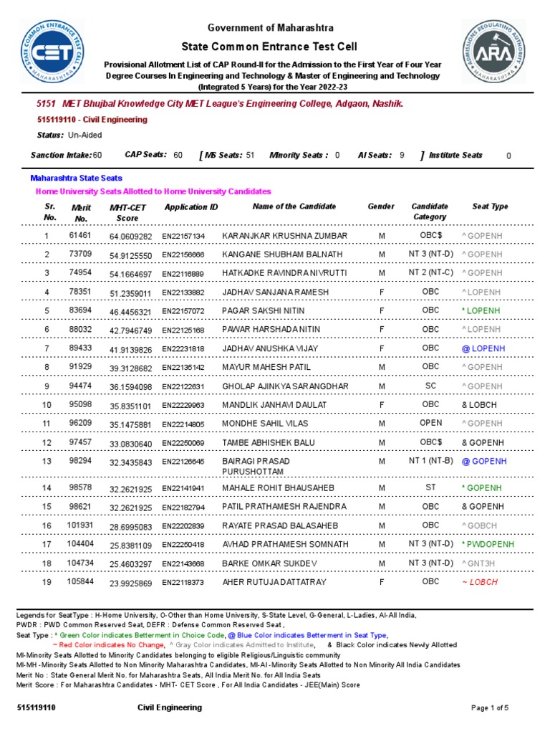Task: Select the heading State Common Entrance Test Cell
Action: (x=271, y=45)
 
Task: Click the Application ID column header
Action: (x=191, y=207)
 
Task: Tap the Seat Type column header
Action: (x=490, y=206)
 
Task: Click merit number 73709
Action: (x=79, y=254)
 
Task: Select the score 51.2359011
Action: (x=131, y=292)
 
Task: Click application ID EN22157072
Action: (x=183, y=312)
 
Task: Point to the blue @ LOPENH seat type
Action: (x=483, y=348)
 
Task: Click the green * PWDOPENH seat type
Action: (x=488, y=545)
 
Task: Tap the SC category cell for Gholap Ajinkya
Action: (x=430, y=386)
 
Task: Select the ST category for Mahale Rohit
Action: (x=430, y=488)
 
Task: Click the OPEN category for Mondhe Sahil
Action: (x=430, y=424)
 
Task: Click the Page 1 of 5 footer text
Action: (x=490, y=708)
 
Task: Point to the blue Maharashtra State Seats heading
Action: (x=76, y=178)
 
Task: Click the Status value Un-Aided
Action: (x=85, y=135)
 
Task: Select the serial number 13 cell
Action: (x=47, y=461)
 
